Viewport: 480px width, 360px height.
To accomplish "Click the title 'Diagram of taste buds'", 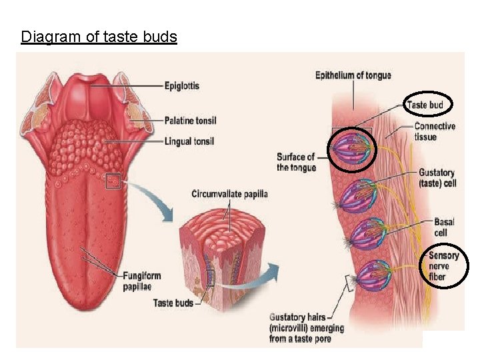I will point(99,36).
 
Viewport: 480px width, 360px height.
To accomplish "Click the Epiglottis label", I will point(181,86).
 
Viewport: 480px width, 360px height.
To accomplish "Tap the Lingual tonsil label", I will point(189,141).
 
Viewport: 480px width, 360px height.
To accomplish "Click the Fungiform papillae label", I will point(141,281).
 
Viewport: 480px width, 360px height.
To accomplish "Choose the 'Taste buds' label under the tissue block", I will point(173,303).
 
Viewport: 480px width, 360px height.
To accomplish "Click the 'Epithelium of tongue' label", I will point(353,75).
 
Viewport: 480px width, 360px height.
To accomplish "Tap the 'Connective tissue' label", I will point(435,131).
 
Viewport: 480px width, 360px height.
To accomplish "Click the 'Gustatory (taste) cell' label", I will point(437,178).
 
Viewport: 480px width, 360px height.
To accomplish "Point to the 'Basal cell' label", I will point(444,227).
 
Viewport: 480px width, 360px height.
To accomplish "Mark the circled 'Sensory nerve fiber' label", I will point(444,266).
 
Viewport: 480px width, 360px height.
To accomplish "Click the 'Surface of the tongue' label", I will point(296,162).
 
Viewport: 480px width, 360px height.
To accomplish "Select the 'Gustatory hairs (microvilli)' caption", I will point(307,327).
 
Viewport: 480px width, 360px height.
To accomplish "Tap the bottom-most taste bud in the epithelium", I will point(373,275).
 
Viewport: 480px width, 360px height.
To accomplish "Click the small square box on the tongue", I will point(113,180).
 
